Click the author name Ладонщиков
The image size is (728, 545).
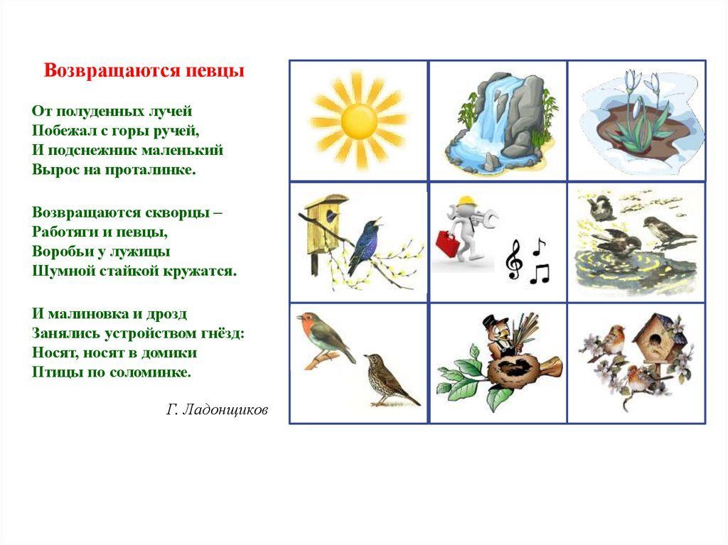click(225, 410)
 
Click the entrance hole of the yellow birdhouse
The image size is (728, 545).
click(333, 215)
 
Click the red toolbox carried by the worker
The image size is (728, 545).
click(448, 241)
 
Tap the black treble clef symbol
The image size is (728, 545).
click(514, 259)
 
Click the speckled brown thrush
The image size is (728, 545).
click(390, 380)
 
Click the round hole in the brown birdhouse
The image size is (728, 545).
click(654, 341)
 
